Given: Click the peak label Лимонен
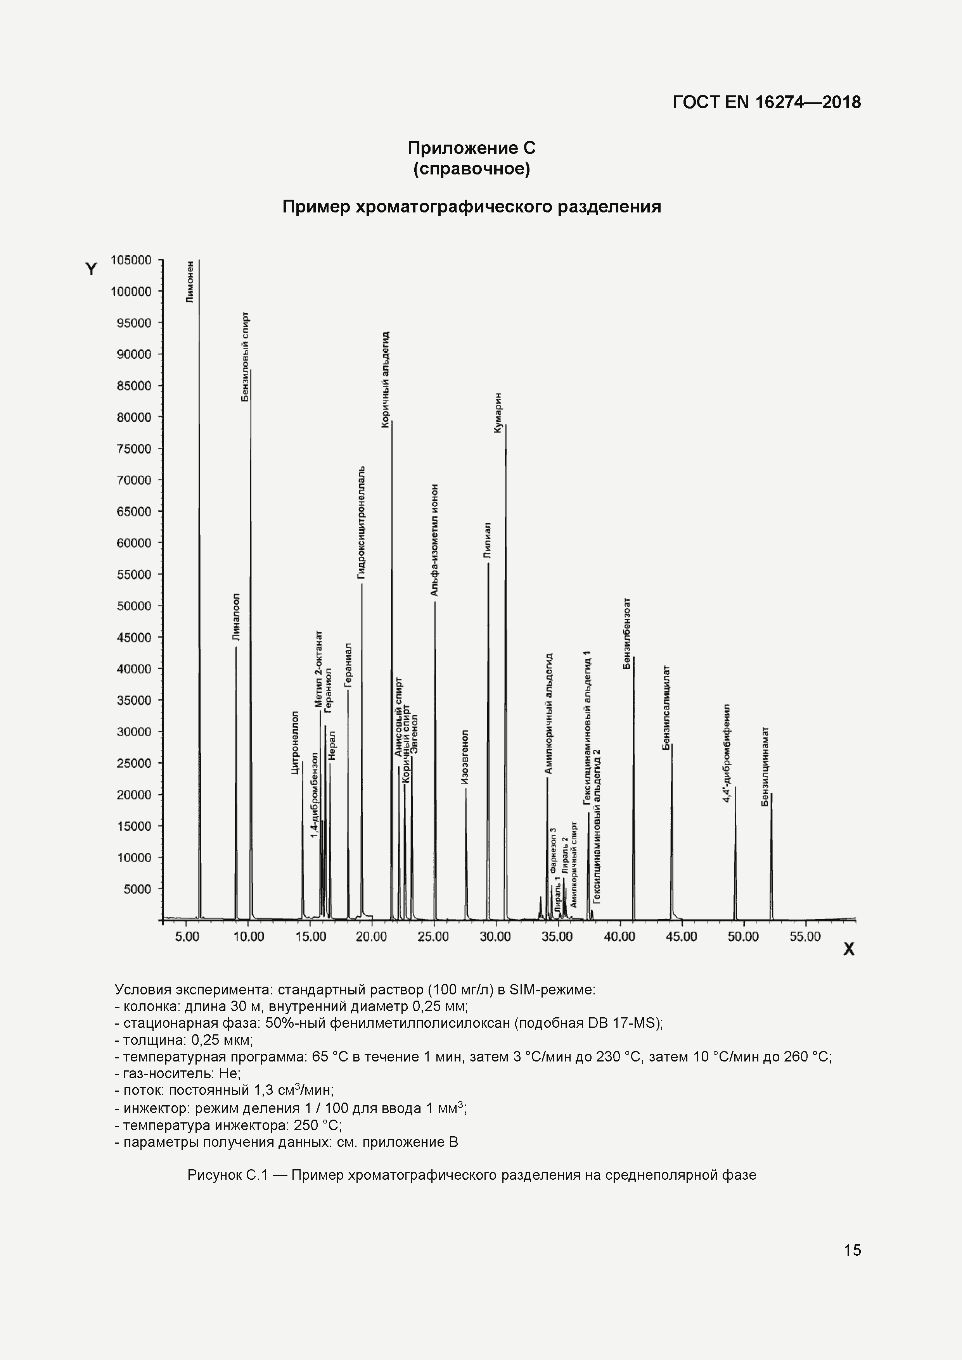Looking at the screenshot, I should [190, 282].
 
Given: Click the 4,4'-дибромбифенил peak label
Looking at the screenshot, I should [727, 753].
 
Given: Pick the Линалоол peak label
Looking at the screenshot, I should [236, 617].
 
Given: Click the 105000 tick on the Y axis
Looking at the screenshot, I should [131, 260].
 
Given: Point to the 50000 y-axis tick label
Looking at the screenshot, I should [134, 606].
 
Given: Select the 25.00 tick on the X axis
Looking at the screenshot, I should [433, 937].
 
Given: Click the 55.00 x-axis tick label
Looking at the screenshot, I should [805, 937].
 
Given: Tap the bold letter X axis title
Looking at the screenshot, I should [849, 949].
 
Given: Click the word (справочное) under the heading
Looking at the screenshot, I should [471, 169].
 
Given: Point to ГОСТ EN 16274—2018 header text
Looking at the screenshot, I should [766, 102].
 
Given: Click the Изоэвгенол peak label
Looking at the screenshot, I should [465, 758].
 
